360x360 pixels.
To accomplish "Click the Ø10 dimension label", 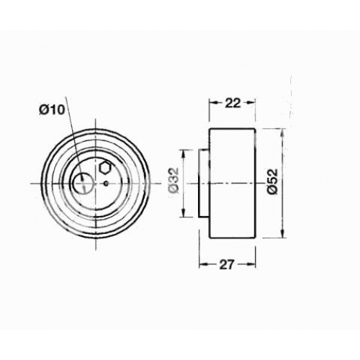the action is pyautogui.click(x=52, y=110).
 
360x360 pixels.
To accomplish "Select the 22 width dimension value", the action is pyautogui.click(x=233, y=103).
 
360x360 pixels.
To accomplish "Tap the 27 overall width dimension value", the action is pyautogui.click(x=226, y=265).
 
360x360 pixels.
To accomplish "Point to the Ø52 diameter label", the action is pyautogui.click(x=273, y=181).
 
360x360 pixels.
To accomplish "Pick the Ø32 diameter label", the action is pyautogui.click(x=174, y=180).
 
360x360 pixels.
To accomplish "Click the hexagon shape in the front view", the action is pyautogui.click(x=105, y=168).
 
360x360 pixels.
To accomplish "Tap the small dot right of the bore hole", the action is pyautogui.click(x=106, y=184).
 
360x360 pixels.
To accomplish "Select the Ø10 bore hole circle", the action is pyautogui.click(x=83, y=184).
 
